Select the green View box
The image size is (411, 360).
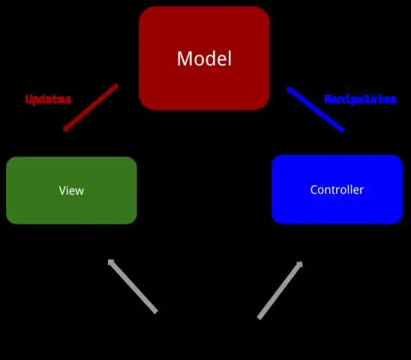click(71, 190)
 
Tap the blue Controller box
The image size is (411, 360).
click(337, 190)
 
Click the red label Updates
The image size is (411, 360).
click(48, 99)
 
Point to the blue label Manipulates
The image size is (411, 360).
click(360, 99)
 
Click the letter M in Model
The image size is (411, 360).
click(184, 58)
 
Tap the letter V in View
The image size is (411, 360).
click(61, 190)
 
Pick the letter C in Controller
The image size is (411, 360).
click(314, 190)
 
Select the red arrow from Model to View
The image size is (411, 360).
click(91, 107)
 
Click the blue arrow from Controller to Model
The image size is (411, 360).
click(316, 109)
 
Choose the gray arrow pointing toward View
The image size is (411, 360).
click(133, 286)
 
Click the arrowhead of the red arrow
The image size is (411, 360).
click(66, 128)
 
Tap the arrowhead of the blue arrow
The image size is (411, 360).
click(290, 90)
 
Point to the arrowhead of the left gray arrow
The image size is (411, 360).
click(111, 262)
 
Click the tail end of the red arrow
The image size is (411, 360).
click(116, 85)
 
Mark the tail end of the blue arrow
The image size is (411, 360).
click(342, 130)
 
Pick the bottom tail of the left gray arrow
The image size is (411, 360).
click(155, 310)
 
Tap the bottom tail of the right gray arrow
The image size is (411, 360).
click(260, 317)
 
